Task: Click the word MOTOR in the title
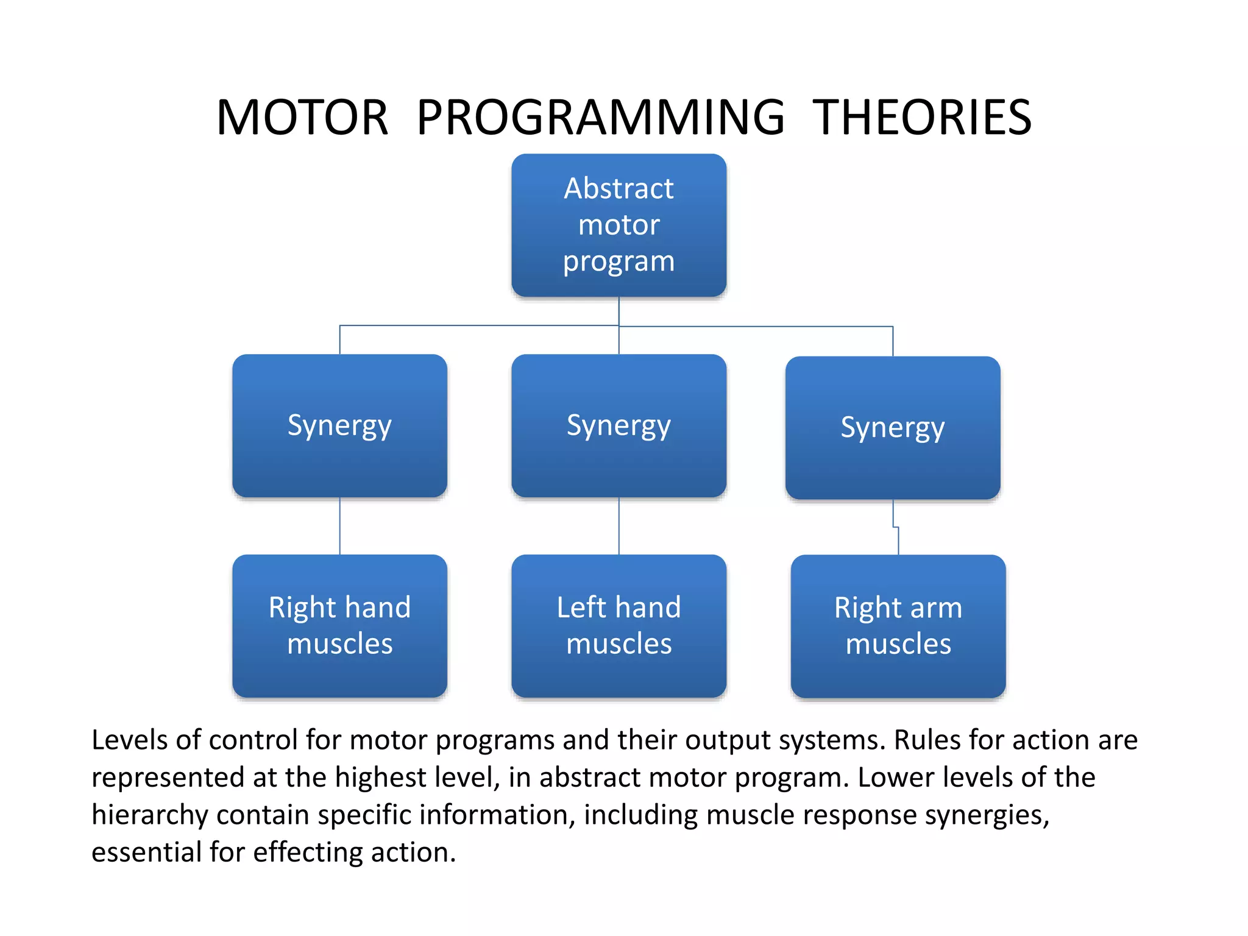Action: pos(302,118)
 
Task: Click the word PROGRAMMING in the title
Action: pos(601,118)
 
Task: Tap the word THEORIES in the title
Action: pos(922,118)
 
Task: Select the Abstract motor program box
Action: pos(619,225)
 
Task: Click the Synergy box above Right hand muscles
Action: pos(339,425)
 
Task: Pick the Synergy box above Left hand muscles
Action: pos(619,425)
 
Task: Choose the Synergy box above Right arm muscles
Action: pos(892,428)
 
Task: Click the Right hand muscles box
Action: pos(339,626)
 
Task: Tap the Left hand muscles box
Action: pos(619,626)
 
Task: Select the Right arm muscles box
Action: pos(898,626)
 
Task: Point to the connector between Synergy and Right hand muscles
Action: pos(339,526)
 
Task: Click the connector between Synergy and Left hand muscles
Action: pos(619,526)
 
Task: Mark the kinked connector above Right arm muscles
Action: pos(896,528)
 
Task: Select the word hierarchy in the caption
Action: pos(149,815)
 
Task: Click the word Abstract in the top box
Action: pos(619,188)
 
